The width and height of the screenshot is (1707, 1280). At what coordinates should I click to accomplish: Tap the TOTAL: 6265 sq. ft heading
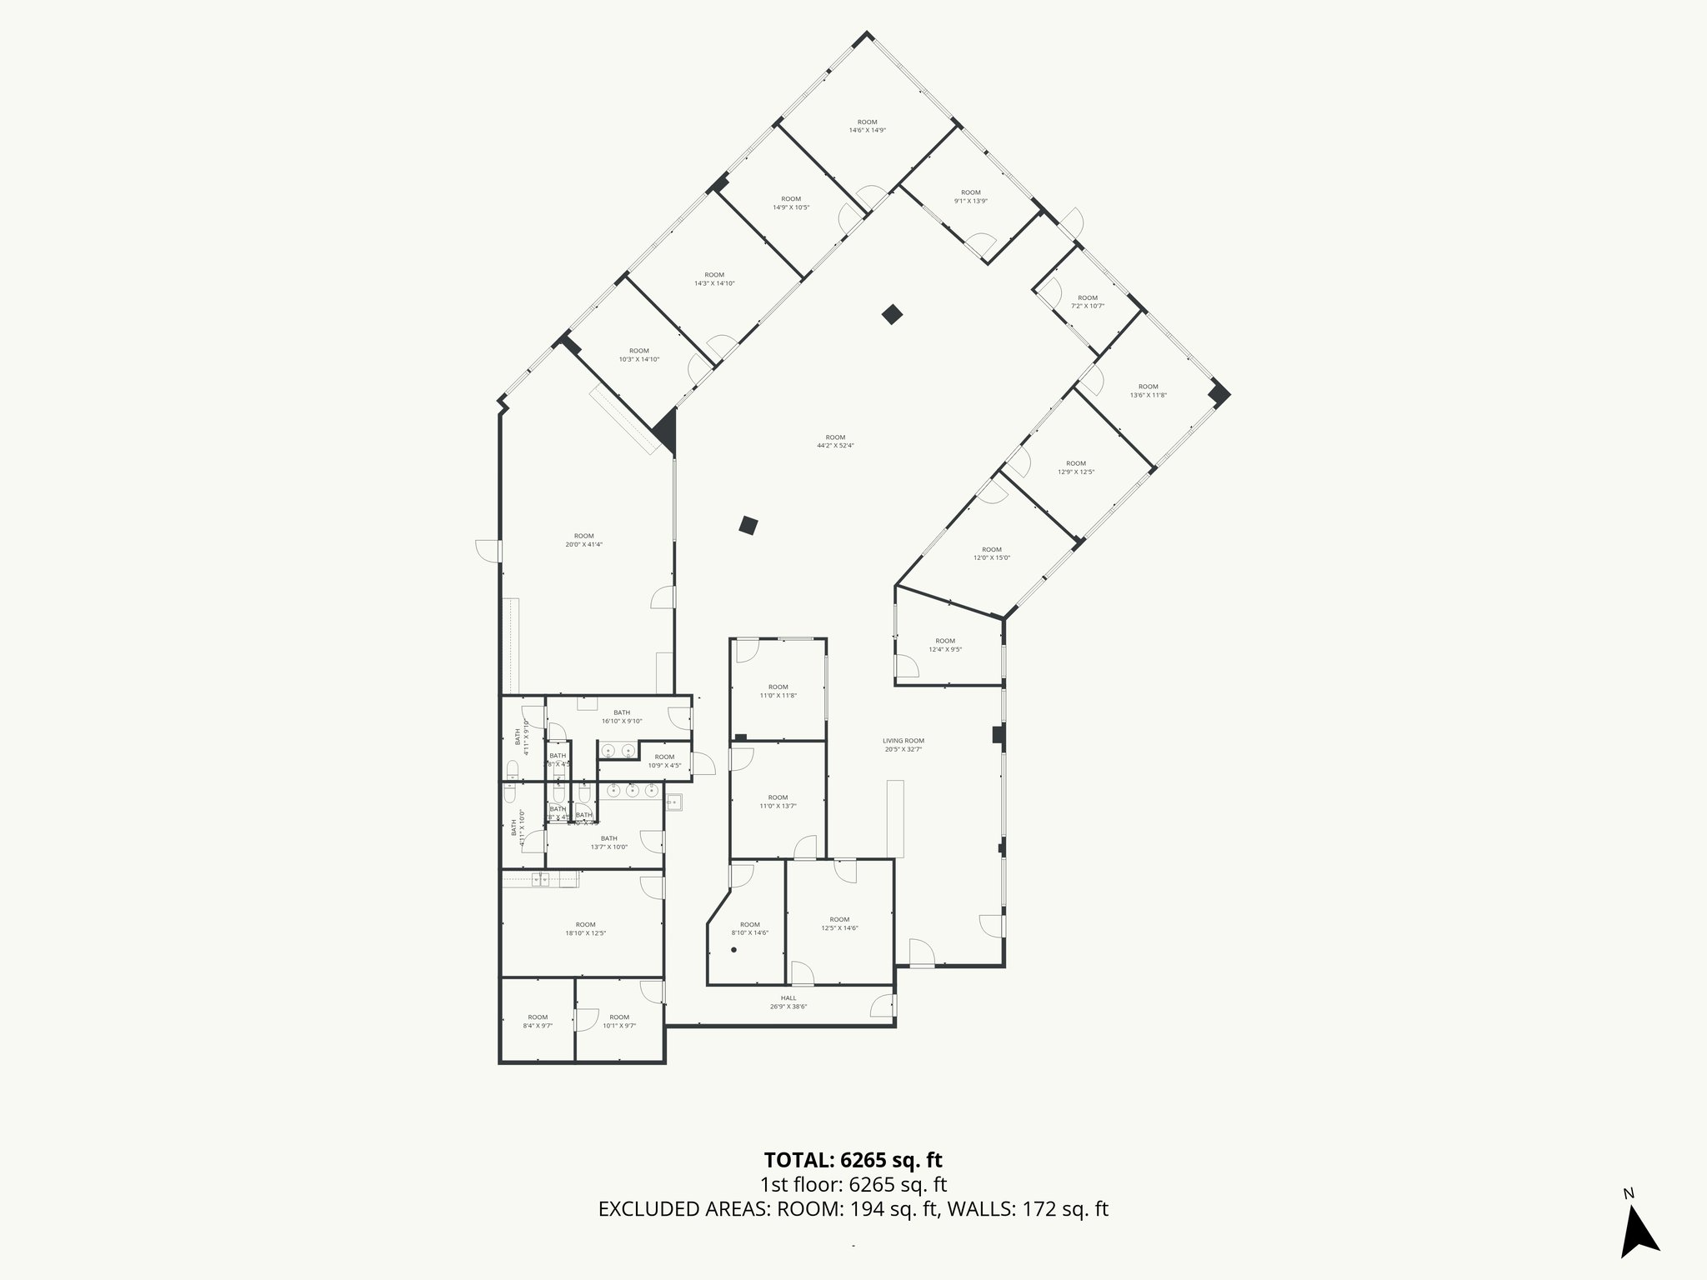pos(853,1159)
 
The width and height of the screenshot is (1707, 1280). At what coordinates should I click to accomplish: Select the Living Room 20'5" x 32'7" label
pos(904,745)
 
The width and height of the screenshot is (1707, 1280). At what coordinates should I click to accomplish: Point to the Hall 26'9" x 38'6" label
pos(788,1002)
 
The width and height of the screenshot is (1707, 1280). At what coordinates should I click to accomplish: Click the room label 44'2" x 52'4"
pos(835,441)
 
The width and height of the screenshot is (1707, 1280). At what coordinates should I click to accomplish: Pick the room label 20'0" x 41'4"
pos(583,540)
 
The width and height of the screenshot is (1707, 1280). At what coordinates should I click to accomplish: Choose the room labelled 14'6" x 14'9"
pos(867,126)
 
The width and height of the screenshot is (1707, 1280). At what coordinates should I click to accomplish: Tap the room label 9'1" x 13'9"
pos(971,197)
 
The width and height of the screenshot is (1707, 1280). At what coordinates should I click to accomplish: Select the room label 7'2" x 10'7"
pos(1088,302)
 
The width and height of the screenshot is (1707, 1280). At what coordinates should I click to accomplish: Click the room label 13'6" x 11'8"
pos(1148,390)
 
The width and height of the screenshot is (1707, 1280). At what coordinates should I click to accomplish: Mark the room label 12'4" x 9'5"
pos(945,645)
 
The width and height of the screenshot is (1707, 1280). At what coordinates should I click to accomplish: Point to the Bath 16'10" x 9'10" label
pos(622,717)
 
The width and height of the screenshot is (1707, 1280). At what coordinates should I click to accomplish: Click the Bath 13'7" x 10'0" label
pos(608,842)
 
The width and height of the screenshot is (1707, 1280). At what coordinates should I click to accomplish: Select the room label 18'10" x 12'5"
pos(585,928)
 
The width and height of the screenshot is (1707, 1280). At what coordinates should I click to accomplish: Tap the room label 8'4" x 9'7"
pos(538,1021)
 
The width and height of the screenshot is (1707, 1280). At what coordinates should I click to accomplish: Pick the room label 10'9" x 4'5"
pos(664,761)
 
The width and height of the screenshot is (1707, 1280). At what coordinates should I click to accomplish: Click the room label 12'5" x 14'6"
pos(839,923)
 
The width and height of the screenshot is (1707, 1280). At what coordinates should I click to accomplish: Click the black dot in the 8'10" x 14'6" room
pos(734,950)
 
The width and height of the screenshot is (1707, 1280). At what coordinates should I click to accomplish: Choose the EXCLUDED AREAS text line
pos(853,1209)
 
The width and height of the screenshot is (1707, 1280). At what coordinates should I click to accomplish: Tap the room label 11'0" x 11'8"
pos(778,691)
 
